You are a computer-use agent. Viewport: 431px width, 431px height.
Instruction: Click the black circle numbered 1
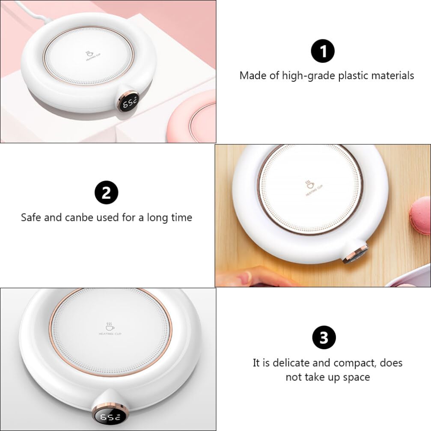(x=322, y=51)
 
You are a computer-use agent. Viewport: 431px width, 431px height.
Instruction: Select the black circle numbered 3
(x=324, y=338)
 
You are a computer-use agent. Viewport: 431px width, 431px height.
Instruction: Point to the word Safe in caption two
(x=31, y=217)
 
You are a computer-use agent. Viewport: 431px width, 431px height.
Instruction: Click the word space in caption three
(x=356, y=377)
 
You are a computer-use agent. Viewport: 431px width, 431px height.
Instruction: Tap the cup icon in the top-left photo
(x=89, y=54)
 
